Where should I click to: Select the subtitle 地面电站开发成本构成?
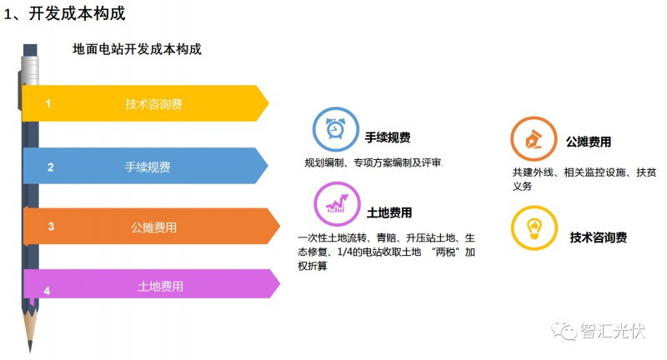[137, 49]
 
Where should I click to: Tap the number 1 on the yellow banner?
[48, 103]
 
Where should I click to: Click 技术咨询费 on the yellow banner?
[154, 104]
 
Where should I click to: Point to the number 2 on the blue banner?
[50, 167]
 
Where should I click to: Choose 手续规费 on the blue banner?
[148, 167]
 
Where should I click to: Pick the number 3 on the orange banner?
[51, 226]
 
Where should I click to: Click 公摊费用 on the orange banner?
[153, 227]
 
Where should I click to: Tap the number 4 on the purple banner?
[47, 290]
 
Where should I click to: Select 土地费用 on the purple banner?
[160, 287]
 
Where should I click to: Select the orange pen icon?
[532, 139]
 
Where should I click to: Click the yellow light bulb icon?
[533, 226]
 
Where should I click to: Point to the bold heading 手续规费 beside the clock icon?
[387, 137]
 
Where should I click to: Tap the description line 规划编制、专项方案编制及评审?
[372, 162]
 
